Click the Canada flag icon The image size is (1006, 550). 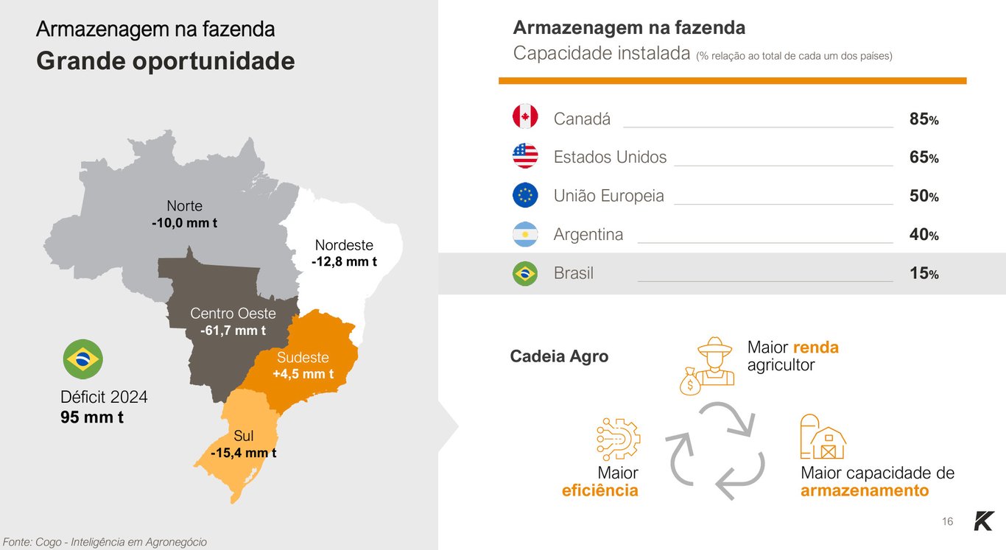point(525,117)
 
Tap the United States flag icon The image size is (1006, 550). point(525,156)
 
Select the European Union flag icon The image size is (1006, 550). point(525,195)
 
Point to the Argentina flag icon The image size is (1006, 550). point(525,234)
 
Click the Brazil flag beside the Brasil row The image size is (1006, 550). point(525,274)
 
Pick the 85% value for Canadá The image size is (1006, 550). point(924,119)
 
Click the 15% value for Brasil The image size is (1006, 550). point(924,274)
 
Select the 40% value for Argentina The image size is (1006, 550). point(924,235)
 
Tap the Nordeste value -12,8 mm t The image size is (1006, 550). point(344,261)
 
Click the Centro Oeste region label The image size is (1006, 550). point(233,314)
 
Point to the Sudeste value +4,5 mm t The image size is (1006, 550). point(303,374)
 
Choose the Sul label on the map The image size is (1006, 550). point(244,437)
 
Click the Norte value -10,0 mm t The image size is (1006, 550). point(184,222)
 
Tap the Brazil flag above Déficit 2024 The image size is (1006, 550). point(82,359)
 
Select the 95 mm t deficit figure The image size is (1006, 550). point(92,417)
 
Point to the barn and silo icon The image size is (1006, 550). point(823,437)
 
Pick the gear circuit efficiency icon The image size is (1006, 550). point(618,440)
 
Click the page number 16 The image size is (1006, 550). point(947,521)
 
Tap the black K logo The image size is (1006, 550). point(983,521)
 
